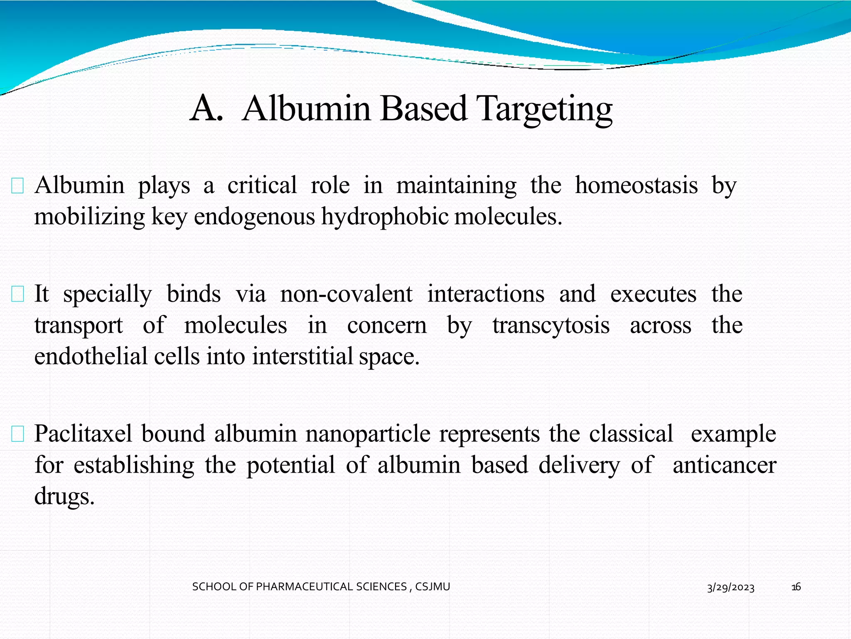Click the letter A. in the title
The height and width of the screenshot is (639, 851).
207,109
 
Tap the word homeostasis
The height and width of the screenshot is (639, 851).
636,186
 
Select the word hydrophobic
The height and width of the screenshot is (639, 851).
385,217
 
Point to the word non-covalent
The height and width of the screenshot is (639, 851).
346,294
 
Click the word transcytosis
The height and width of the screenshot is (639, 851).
551,325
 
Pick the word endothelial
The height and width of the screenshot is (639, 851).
91,357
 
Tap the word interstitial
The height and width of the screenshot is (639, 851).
302,357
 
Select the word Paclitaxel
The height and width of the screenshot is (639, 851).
83,434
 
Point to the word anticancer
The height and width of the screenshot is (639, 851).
724,465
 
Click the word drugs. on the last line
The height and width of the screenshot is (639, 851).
64,496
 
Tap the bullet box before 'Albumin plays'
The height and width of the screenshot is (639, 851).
17,186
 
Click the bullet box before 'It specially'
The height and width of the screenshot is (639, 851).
17,294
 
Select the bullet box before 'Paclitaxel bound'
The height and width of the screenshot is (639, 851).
17,434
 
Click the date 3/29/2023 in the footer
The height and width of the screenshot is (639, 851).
730,587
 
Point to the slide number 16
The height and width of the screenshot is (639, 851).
796,587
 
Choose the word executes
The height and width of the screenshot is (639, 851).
653,294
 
